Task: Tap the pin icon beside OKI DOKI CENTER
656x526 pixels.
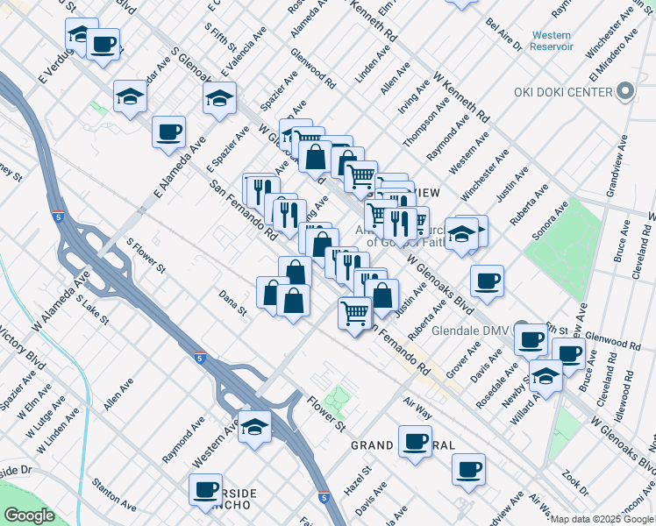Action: (x=625, y=91)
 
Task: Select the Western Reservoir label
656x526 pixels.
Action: (x=552, y=40)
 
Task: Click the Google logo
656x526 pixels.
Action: (x=29, y=515)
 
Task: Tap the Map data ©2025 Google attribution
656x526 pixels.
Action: (x=603, y=519)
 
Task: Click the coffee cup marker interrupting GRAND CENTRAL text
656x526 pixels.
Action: (x=415, y=443)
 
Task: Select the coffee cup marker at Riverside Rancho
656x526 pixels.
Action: (x=206, y=489)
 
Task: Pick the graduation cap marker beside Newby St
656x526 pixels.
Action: (x=545, y=378)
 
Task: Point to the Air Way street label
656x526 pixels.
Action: (x=417, y=406)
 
